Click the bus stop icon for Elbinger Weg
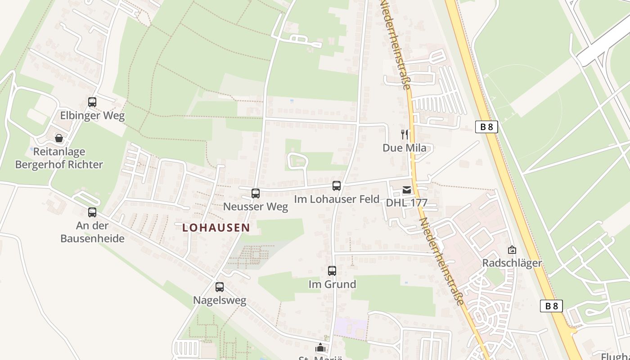92,102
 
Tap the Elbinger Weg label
92,115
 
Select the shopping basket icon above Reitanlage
59,138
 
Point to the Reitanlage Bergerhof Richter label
59,158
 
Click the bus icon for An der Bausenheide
92,212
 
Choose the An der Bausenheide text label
92,232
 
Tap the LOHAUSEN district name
216,228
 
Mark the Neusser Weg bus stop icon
256,193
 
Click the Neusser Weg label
256,207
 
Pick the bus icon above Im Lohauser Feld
337,185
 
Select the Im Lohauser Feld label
337,199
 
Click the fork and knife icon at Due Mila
405,134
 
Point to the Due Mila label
404,148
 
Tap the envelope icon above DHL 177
407,190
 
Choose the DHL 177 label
406,202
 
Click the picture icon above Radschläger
512,250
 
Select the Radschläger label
512,263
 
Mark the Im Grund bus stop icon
332,271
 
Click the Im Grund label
332,284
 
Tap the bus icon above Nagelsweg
220,287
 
